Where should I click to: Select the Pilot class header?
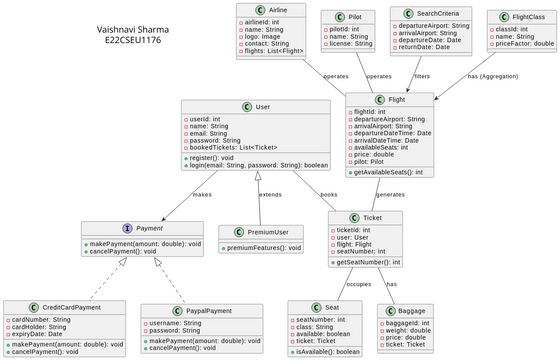tap(354, 17)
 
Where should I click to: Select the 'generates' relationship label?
tap(390, 194)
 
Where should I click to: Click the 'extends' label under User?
tap(270, 194)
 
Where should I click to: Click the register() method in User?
tap(212, 157)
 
